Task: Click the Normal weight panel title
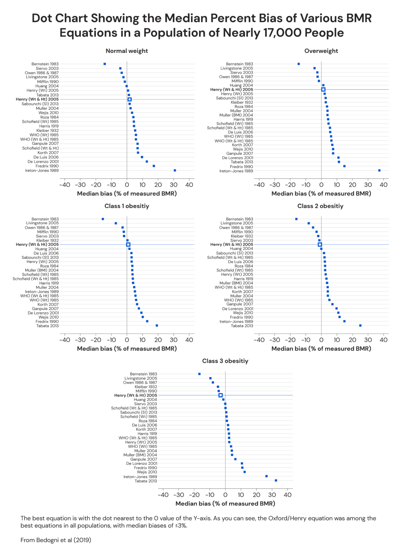point(127,51)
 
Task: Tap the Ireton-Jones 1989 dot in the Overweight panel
point(379,170)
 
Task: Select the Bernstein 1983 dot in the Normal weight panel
point(104,64)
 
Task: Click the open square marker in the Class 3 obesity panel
point(220,395)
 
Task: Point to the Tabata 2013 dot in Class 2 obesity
point(360,325)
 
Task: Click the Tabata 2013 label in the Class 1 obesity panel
point(47,326)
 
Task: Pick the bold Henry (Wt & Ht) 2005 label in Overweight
point(232,90)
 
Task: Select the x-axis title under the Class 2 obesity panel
point(321,348)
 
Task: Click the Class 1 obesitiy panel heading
point(127,206)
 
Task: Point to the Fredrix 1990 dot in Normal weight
point(154,166)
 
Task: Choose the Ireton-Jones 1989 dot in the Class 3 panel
point(266,476)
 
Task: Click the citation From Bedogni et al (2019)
point(56,540)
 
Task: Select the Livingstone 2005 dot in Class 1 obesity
point(116,223)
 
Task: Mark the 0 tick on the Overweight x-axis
point(321,185)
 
